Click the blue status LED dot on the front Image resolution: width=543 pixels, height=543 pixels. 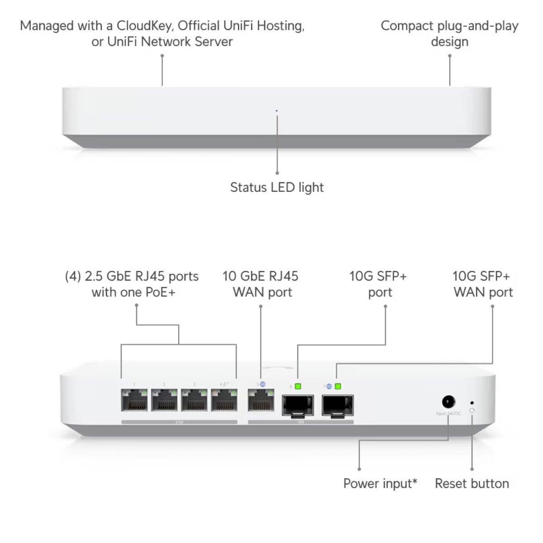tap(276, 110)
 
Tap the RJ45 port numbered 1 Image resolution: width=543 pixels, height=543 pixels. tap(134, 400)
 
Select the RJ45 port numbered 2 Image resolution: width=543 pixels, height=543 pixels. tap(164, 400)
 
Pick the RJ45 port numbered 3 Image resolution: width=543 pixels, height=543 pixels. tap(194, 400)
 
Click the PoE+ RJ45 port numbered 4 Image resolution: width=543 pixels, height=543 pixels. tap(224, 400)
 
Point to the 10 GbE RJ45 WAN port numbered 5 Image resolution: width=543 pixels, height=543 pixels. tap(261, 400)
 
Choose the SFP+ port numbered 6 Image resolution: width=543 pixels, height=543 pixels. tap(297, 405)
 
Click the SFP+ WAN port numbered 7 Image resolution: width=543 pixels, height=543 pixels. tap(338, 405)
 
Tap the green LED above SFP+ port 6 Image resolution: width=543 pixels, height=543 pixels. tap(298, 386)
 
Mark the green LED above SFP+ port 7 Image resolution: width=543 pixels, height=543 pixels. tap(338, 386)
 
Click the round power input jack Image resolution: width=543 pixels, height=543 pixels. tap(448, 402)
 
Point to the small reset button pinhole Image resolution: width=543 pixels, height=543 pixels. tap(472, 402)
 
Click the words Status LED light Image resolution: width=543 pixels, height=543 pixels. tap(277, 187)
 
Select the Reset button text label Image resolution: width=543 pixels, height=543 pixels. tap(472, 483)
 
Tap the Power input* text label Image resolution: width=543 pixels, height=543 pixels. tap(380, 483)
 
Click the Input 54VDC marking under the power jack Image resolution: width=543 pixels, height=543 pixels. tap(448, 414)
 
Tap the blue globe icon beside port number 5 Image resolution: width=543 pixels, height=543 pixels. tap(263, 384)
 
